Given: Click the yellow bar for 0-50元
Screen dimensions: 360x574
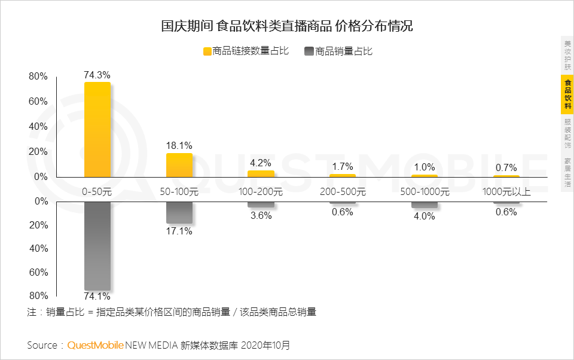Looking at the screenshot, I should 97,129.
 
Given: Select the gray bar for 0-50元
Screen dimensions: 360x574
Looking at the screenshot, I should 97,246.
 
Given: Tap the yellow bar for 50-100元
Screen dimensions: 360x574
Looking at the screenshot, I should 179,165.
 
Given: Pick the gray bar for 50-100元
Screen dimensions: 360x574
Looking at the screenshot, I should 179,212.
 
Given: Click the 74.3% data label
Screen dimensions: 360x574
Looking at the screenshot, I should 97,75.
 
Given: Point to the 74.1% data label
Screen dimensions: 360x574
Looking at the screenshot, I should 97,296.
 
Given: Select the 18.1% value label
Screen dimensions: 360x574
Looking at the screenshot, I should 179,145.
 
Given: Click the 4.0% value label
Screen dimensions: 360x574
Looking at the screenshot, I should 424,216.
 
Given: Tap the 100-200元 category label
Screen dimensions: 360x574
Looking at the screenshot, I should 261,193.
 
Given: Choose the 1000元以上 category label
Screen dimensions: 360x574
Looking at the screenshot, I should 506,193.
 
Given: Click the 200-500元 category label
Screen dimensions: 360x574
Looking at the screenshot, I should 343,193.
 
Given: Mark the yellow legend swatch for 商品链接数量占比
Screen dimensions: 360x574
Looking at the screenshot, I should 207,51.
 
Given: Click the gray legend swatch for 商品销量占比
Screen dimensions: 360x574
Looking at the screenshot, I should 309,51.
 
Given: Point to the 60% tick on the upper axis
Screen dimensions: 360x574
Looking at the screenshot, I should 38,102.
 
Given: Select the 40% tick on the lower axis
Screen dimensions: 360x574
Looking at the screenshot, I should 38,249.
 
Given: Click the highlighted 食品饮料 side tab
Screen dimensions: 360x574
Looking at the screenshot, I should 567,94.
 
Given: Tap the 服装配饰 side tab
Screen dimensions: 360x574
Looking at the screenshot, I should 567,133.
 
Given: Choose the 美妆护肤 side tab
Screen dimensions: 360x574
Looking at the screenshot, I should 567,55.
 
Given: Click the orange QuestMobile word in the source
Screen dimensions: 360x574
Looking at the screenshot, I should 96,345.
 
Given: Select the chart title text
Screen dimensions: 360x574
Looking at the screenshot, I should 287,26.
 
